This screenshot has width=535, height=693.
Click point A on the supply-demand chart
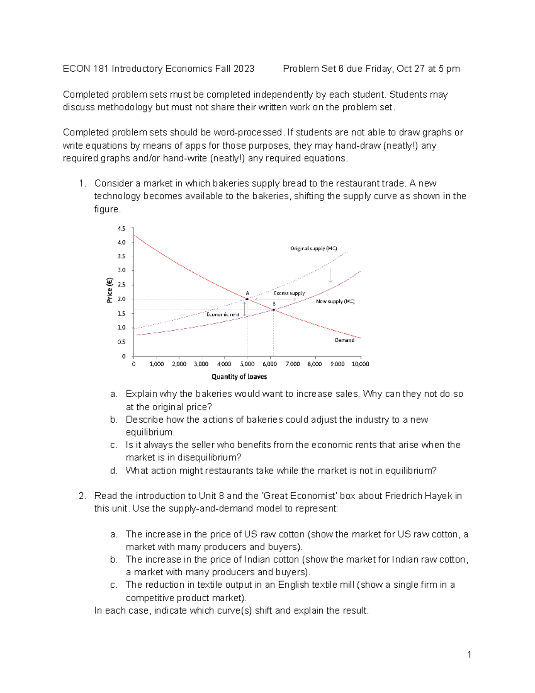click(x=247, y=299)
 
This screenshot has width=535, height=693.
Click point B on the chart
click(x=274, y=309)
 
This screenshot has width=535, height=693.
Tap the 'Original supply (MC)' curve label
click(x=313, y=248)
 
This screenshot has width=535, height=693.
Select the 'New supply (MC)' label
click(x=335, y=301)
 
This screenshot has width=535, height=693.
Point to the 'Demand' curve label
click(x=344, y=340)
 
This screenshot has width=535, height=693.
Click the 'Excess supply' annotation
click(x=289, y=293)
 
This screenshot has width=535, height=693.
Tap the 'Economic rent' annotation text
click(x=223, y=314)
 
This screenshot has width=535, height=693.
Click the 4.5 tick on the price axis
click(x=121, y=228)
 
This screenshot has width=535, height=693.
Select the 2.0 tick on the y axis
click(x=121, y=299)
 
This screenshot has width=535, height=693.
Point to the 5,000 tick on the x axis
click(x=247, y=364)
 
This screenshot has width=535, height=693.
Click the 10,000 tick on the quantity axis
click(x=360, y=364)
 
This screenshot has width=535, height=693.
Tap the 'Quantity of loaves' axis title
click(x=239, y=377)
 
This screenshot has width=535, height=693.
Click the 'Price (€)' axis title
click(x=109, y=290)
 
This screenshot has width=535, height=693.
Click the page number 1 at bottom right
click(x=469, y=655)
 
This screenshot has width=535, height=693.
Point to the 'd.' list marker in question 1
click(x=114, y=470)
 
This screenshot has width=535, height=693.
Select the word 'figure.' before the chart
click(x=107, y=209)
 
